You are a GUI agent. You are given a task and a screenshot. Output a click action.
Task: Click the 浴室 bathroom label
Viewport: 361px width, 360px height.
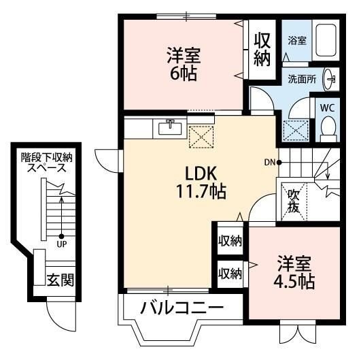coord(296,40)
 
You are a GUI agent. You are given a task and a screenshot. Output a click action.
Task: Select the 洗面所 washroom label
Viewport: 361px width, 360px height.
coord(301,78)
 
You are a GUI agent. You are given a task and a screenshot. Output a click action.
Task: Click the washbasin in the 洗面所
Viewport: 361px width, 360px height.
coord(330,78)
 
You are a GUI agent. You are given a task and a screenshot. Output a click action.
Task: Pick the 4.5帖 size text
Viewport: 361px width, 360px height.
coord(295,281)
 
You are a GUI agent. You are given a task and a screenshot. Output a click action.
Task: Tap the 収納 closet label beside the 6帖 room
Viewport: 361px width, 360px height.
coord(262,50)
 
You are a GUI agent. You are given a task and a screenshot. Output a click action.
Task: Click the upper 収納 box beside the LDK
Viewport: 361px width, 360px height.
coord(230,242)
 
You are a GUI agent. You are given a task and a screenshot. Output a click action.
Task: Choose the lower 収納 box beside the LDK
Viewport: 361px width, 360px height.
coord(230,274)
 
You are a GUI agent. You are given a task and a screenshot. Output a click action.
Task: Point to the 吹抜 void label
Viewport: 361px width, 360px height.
coord(294,201)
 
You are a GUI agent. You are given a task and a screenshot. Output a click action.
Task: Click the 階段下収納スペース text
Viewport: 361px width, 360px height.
coord(47,162)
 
